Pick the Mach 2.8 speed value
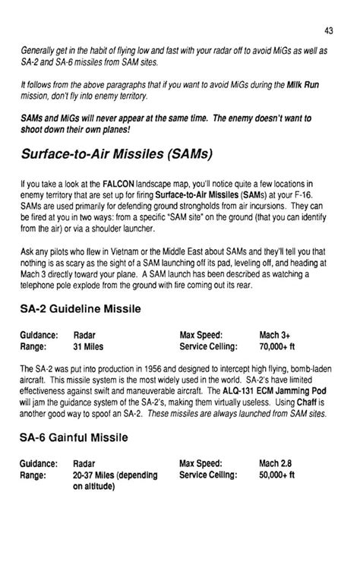tap(276, 462)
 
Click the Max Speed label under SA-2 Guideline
tap(200, 334)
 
